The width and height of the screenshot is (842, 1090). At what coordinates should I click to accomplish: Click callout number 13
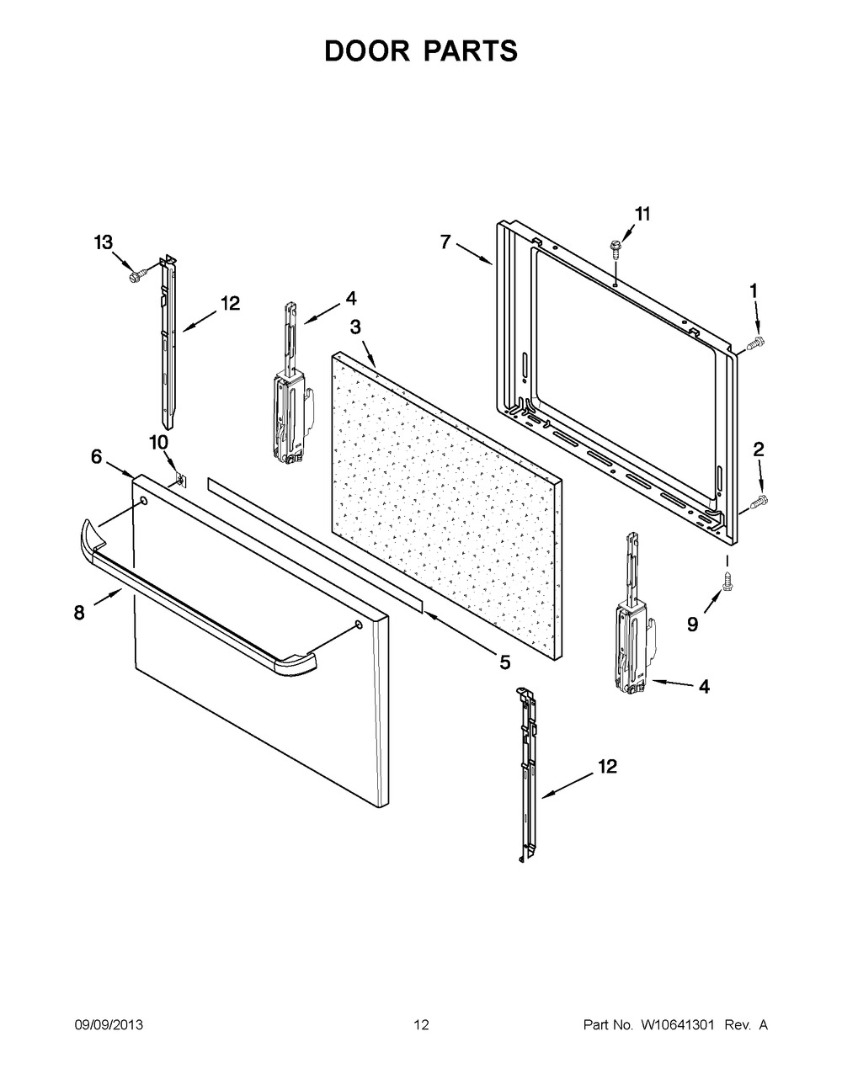click(x=103, y=243)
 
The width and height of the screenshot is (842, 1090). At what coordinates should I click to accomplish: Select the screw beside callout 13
click(x=135, y=274)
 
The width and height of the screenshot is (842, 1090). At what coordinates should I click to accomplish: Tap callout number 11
click(x=642, y=214)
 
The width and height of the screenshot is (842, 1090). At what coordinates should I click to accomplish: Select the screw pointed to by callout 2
click(x=759, y=502)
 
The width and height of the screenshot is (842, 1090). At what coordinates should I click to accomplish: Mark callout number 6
click(x=97, y=456)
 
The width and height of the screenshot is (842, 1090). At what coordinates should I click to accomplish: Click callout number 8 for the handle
click(x=79, y=613)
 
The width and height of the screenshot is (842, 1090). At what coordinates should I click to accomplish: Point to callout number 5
click(x=504, y=662)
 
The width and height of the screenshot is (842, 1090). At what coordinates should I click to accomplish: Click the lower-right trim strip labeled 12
click(x=529, y=774)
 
